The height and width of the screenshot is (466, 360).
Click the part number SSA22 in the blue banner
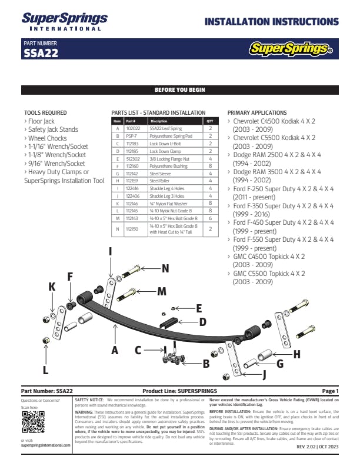click(40, 54)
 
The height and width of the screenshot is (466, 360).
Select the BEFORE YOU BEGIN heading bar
click(179, 90)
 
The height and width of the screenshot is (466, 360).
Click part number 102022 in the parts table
click(133, 128)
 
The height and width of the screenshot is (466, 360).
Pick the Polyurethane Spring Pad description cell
click(171, 135)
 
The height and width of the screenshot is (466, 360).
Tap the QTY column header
click(209, 120)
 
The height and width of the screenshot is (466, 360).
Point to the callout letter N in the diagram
click(165, 268)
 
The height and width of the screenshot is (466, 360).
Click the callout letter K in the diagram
click(52, 287)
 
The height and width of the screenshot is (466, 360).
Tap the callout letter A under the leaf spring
click(115, 349)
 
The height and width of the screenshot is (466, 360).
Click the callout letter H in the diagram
click(296, 354)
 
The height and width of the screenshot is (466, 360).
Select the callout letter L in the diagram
click(45, 370)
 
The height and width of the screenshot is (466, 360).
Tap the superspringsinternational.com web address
click(45, 445)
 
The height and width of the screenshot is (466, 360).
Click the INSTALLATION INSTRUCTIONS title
click(271, 22)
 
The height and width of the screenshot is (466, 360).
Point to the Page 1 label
click(331, 391)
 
